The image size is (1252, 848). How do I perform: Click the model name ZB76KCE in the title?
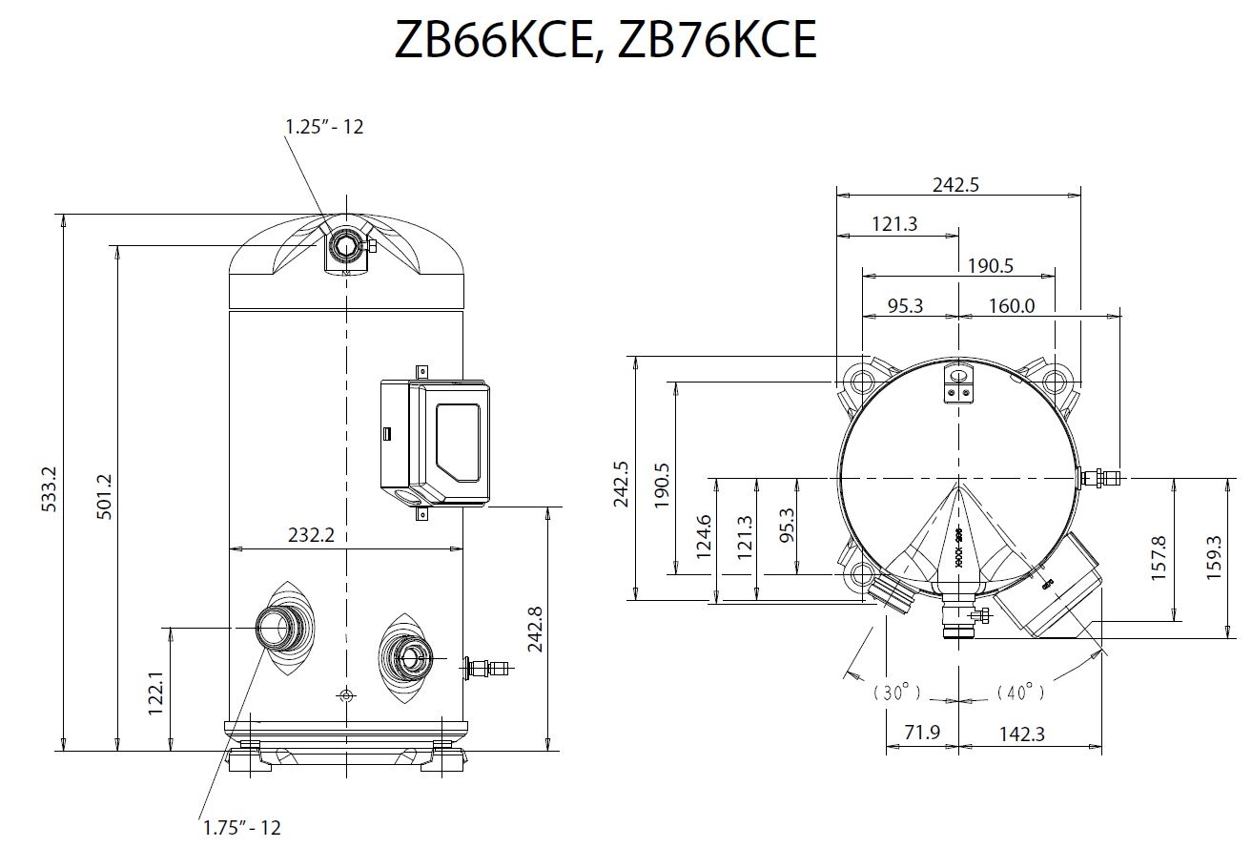[718, 40]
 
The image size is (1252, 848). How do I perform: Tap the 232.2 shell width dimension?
[312, 535]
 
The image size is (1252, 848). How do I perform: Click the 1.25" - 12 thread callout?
[324, 126]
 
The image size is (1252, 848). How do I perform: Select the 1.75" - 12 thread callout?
[242, 828]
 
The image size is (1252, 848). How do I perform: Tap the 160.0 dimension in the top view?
[1010, 306]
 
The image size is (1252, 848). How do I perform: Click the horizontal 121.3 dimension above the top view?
[894, 224]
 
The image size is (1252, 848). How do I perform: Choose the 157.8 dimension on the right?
[1159, 559]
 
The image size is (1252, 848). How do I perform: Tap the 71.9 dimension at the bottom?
[920, 734]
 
